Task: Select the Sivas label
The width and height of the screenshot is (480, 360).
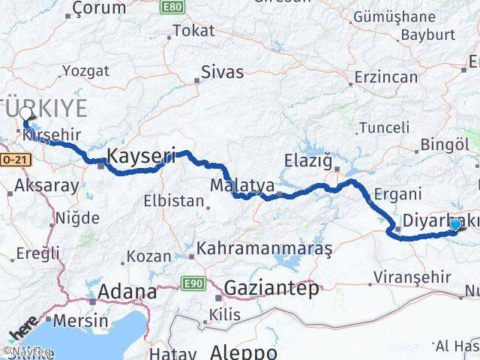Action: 222,73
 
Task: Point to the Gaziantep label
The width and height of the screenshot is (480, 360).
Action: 271,288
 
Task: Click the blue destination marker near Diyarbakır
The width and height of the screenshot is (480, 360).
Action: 454,224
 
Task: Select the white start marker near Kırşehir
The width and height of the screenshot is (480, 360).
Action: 27,115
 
